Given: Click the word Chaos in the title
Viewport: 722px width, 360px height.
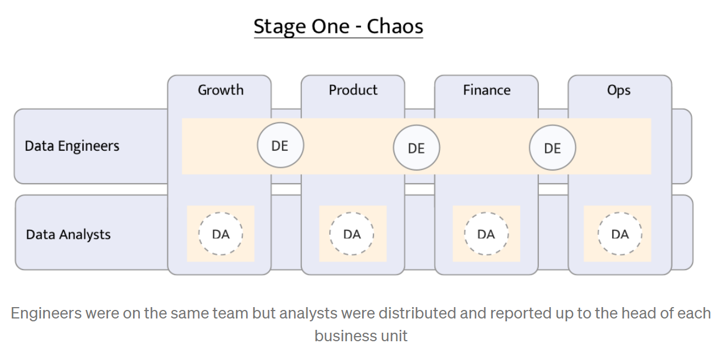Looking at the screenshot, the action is coord(395,27).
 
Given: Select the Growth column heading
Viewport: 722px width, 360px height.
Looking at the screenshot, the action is coord(221,90).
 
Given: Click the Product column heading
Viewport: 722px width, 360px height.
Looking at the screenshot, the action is coord(353,90).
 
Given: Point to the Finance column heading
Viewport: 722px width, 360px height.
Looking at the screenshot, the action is coord(487,90).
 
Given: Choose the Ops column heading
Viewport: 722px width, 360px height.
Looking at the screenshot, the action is coord(619,90).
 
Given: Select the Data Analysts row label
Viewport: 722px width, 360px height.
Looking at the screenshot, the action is coord(68,235).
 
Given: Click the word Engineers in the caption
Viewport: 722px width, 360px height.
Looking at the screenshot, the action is coord(47,314).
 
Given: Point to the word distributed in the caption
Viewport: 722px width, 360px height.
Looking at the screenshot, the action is coord(417,313).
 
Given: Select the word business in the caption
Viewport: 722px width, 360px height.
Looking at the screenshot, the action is coord(346,336).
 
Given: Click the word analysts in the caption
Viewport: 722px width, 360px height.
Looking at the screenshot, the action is coord(309,314).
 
